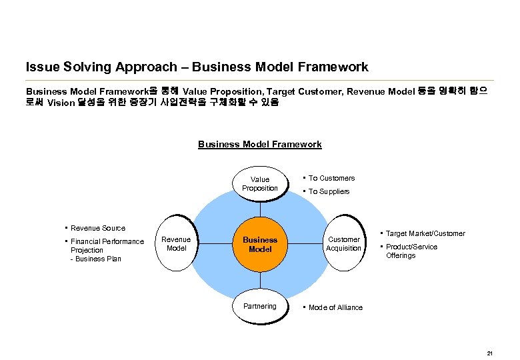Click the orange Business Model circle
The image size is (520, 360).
click(x=259, y=244)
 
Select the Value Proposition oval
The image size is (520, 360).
click(x=259, y=184)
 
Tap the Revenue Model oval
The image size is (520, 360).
click(x=176, y=244)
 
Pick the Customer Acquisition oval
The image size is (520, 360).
click(x=343, y=244)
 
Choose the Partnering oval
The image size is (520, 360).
click(x=259, y=307)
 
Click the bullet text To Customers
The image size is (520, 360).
click(x=331, y=178)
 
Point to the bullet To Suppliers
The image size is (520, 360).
click(x=329, y=192)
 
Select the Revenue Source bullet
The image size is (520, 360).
click(x=97, y=228)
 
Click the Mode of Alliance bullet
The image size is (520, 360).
click(x=335, y=307)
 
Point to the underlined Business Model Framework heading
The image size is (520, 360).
click(x=259, y=144)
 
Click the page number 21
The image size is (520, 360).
click(x=490, y=353)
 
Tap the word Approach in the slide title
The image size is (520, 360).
click(x=145, y=67)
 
